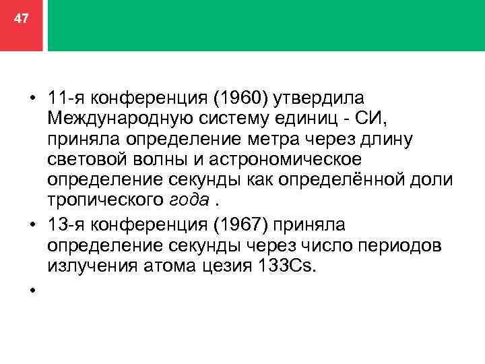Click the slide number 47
point(22,19)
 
